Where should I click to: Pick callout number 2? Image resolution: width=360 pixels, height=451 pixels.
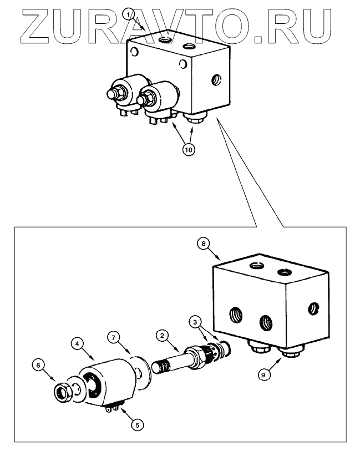coord(161,336)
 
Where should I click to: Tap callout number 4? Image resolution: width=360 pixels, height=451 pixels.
coord(78,344)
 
